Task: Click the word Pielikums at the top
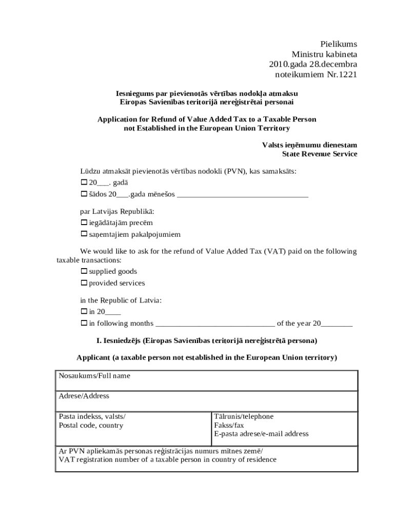click(339, 44)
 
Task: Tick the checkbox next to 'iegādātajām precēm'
click(84, 223)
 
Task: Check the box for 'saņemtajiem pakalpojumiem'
click(84, 234)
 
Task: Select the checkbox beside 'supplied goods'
click(84, 272)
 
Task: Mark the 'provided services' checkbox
click(84, 283)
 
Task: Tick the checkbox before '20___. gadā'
click(84, 183)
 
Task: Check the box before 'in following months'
click(84, 324)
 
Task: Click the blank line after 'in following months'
click(214, 324)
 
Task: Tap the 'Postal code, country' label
click(91, 426)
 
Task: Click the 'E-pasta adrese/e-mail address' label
click(261, 434)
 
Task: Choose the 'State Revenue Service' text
click(320, 154)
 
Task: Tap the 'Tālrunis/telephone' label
click(244, 417)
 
